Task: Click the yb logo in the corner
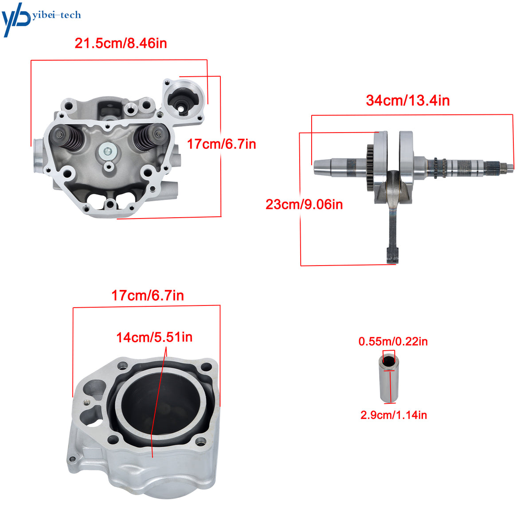click(x=16, y=20)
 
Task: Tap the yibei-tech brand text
click(x=57, y=15)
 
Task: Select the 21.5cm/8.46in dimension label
click(x=121, y=43)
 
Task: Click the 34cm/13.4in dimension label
click(x=407, y=100)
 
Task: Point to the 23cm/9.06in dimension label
click(x=304, y=204)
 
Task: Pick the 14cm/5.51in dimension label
click(x=154, y=337)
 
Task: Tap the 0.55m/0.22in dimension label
click(x=393, y=341)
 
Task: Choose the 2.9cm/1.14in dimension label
click(x=393, y=415)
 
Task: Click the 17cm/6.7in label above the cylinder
click(x=148, y=295)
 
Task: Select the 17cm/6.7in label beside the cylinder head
click(x=221, y=144)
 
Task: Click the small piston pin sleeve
click(x=389, y=378)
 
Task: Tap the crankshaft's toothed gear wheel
click(x=371, y=168)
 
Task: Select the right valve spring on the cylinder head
click(x=150, y=137)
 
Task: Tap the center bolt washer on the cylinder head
click(x=108, y=152)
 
